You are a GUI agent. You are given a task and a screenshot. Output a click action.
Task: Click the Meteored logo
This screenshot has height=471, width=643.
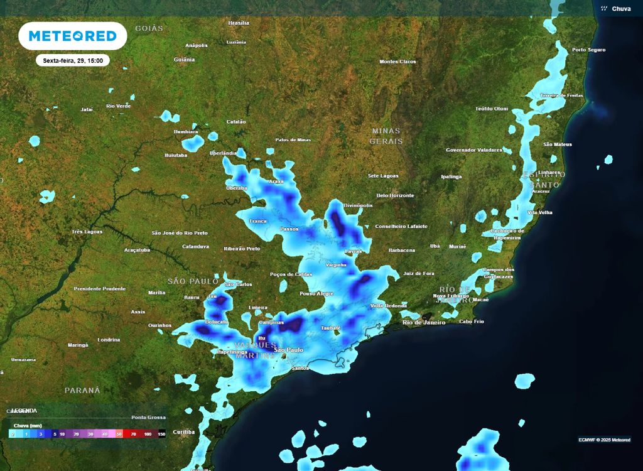click(73, 36)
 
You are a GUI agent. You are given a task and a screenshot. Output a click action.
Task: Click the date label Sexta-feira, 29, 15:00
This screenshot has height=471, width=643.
click(73, 61)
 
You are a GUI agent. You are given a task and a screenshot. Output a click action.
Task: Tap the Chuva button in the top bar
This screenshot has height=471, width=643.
click(616, 8)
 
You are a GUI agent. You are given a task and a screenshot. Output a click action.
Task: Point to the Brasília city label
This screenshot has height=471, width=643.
click(239, 23)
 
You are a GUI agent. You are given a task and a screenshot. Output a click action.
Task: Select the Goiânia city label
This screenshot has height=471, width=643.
click(184, 60)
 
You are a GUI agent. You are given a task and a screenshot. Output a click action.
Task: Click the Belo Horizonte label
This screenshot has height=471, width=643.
click(395, 195)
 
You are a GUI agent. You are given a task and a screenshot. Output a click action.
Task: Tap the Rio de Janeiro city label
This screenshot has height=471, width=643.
click(424, 322)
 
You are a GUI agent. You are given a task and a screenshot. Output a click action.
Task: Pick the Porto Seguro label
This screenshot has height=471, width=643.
click(588, 50)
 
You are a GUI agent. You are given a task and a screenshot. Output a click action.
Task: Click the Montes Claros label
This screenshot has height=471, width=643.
click(398, 62)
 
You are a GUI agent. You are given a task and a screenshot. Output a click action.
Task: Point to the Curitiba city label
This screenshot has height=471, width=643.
click(183, 432)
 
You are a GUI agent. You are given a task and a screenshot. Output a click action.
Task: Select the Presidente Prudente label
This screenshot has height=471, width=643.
click(100, 289)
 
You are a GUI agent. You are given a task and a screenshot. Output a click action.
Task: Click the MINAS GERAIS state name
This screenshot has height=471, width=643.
click(386, 136)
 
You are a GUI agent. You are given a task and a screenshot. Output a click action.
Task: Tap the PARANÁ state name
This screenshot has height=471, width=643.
click(82, 390)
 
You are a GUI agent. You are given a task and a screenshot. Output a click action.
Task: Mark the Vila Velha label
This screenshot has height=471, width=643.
click(541, 213)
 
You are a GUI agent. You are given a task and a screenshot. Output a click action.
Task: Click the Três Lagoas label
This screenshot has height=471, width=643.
click(87, 232)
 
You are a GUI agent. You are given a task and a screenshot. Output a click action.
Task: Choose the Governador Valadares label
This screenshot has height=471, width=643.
click(474, 150)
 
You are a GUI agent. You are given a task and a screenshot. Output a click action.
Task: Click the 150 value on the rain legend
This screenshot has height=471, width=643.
click(161, 434)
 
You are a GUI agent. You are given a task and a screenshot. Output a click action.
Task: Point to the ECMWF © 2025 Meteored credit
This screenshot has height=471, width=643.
click(604, 440)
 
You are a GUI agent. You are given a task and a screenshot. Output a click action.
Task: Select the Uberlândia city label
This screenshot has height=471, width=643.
click(224, 153)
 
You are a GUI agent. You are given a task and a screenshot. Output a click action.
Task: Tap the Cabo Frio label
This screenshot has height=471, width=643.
click(472, 322)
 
